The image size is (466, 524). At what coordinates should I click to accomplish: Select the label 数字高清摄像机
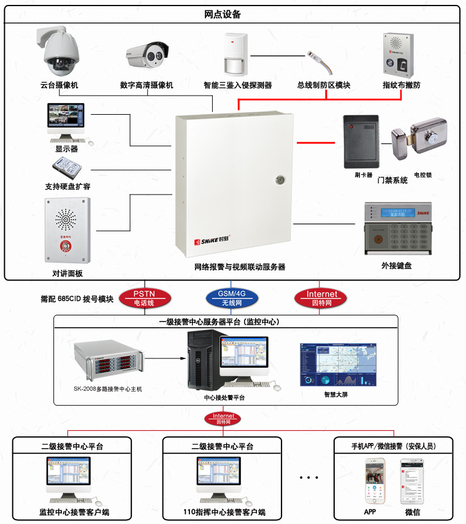[147, 85]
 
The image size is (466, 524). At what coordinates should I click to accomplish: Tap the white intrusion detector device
[234, 55]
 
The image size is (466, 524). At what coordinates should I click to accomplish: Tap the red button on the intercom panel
[63, 245]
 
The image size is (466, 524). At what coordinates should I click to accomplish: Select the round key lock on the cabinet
[280, 180]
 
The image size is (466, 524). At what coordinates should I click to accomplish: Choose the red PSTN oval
[145, 298]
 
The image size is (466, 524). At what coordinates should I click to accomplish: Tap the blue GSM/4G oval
[232, 298]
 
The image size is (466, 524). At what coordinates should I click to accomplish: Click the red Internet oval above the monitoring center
[322, 298]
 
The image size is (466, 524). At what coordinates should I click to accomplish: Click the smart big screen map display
[335, 364]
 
